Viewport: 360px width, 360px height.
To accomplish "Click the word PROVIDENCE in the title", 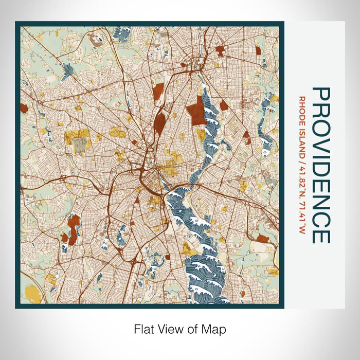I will tap(321, 165).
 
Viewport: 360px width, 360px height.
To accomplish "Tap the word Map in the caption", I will tap(215, 329).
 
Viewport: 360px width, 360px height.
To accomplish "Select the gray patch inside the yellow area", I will tap(80, 146).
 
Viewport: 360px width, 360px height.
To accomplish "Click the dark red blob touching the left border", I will tap(23, 108).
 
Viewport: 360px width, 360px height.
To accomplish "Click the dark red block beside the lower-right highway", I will tap(262, 239).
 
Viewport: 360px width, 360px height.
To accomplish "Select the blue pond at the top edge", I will tap(121, 34).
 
